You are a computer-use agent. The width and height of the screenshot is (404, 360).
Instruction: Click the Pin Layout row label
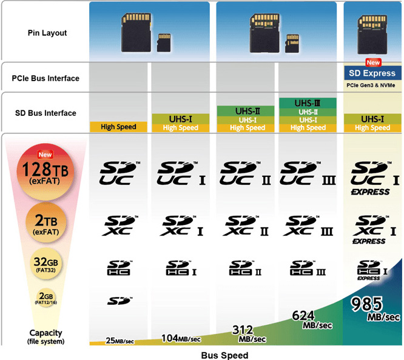(x=47, y=33)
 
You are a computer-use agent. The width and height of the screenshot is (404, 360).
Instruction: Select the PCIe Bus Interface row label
(x=45, y=78)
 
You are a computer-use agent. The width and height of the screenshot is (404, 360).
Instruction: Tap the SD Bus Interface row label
(x=45, y=113)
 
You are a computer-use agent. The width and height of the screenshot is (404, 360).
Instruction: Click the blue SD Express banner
(x=372, y=73)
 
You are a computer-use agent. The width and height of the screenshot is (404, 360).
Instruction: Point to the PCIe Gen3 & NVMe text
(x=371, y=85)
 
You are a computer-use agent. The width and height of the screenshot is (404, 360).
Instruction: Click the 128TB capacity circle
(x=45, y=172)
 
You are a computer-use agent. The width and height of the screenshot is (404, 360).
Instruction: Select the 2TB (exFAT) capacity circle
(x=46, y=223)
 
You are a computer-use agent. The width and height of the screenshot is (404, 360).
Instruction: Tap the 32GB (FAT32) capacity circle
(x=46, y=264)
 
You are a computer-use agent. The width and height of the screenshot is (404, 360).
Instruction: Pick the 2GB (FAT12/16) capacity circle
(x=46, y=298)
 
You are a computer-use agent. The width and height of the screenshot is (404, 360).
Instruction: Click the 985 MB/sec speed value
(x=375, y=308)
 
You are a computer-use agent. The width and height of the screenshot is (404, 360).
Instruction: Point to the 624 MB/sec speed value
(x=312, y=320)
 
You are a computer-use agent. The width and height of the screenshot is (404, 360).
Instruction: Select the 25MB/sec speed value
(x=120, y=341)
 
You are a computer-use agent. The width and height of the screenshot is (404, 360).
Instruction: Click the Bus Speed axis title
(x=224, y=355)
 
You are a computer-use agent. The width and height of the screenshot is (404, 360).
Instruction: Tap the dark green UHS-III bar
(x=308, y=103)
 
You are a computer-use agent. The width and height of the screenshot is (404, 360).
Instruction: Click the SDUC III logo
(x=308, y=173)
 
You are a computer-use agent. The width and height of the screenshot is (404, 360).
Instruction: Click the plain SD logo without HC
(x=120, y=301)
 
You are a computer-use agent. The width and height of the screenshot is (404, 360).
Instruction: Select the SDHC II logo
(x=245, y=268)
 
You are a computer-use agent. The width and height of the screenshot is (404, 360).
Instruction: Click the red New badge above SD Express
(x=373, y=62)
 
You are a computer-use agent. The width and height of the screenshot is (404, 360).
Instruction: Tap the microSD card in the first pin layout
(x=164, y=42)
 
